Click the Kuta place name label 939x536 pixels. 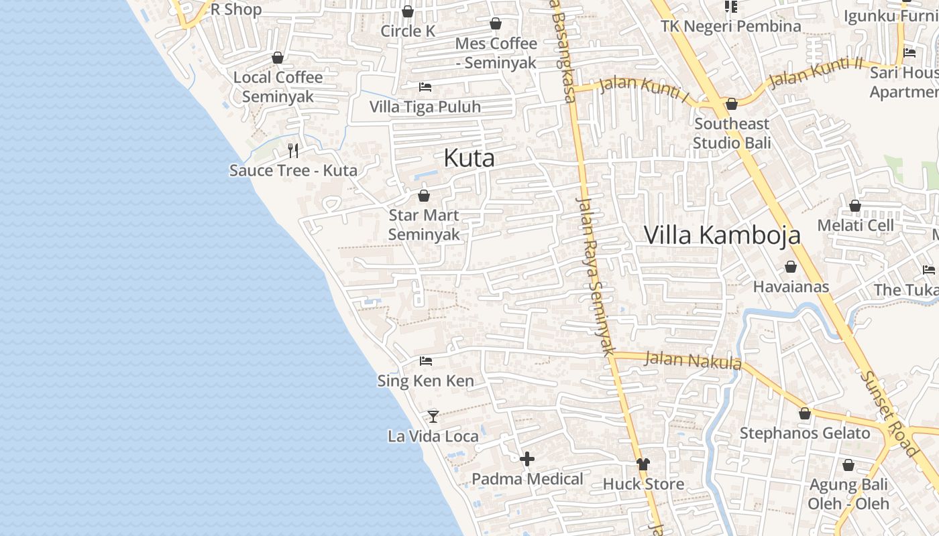(x=469, y=158)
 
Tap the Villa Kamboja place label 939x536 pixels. (x=722, y=235)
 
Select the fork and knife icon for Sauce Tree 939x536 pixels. (x=292, y=150)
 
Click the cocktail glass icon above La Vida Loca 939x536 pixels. (x=433, y=417)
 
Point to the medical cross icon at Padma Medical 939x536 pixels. (x=527, y=459)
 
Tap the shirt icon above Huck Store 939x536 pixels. (x=643, y=464)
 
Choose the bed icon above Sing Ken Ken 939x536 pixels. (x=425, y=361)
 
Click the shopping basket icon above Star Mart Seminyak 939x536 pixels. (x=424, y=196)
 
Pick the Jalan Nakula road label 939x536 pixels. (x=692, y=360)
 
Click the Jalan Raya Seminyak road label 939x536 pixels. (x=596, y=275)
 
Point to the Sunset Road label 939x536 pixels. (x=888, y=413)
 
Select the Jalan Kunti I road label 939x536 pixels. (x=643, y=89)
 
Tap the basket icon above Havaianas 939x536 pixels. (x=791, y=267)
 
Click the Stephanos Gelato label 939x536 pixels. (x=804, y=433)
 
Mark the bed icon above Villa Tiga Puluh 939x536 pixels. (x=425, y=86)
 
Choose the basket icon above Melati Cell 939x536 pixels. (x=855, y=206)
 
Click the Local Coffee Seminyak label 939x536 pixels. (x=278, y=86)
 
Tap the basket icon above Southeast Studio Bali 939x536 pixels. (x=732, y=104)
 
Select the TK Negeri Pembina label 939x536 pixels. (x=730, y=26)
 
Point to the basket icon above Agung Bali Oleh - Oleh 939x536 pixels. (x=848, y=465)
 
